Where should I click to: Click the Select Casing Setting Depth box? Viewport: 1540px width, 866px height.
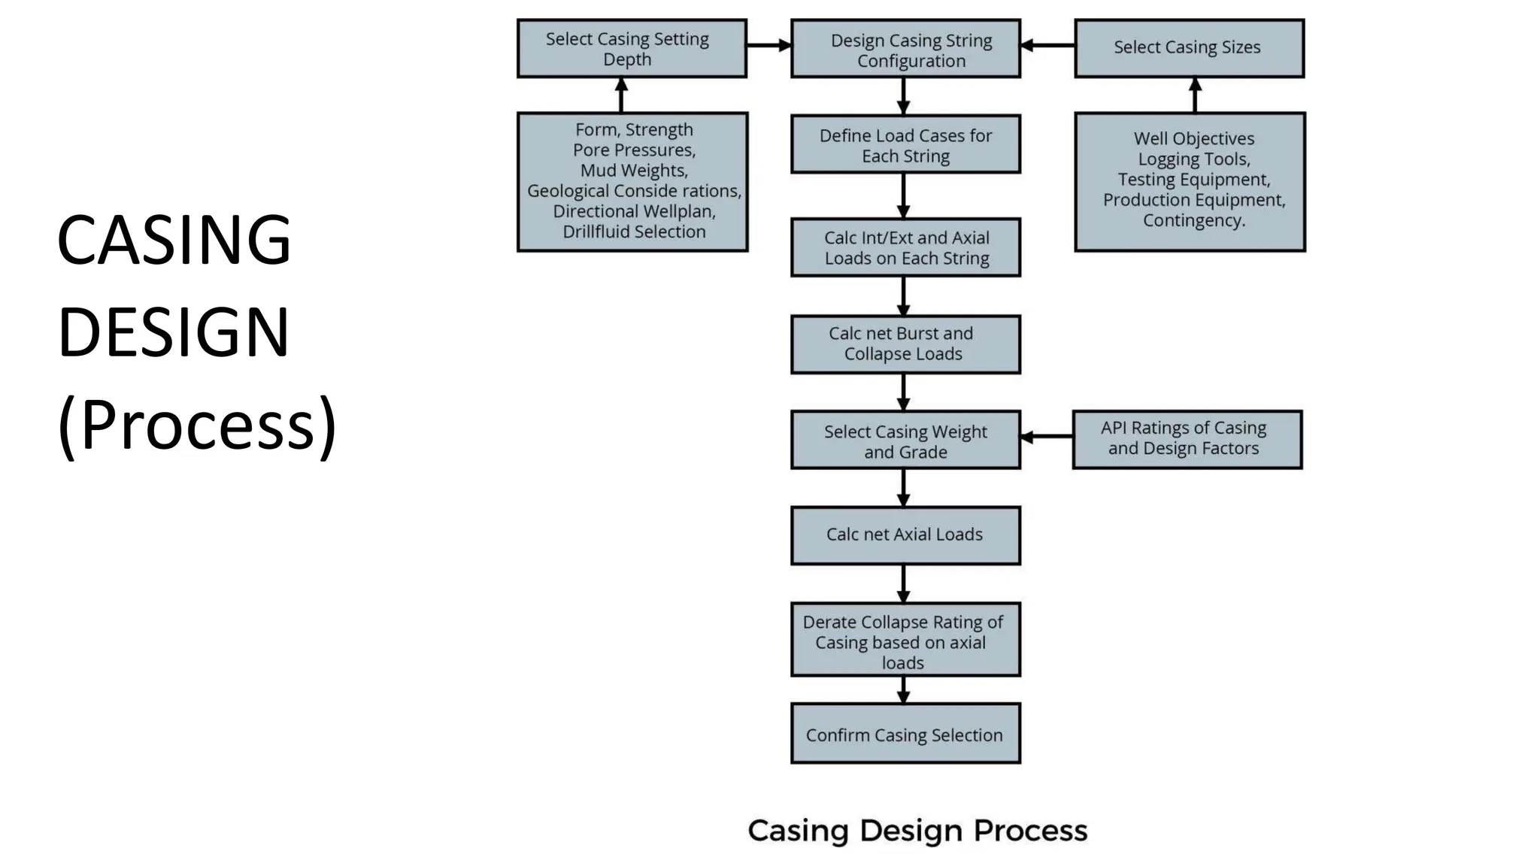click(x=631, y=49)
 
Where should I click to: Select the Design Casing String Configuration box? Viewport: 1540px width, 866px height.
click(x=905, y=50)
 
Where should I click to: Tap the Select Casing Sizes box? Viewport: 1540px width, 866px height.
click(x=1189, y=48)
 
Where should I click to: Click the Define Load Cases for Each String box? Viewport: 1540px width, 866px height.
click(x=905, y=145)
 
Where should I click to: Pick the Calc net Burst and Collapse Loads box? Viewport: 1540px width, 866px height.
click(x=905, y=344)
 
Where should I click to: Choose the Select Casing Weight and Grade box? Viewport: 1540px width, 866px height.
click(x=905, y=441)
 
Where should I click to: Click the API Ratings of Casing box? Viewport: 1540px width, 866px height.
click(x=1187, y=439)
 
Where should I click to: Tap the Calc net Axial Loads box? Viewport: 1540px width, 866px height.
click(x=905, y=535)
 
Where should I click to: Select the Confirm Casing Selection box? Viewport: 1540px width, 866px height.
click(x=905, y=734)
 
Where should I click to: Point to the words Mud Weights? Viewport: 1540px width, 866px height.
click(x=634, y=171)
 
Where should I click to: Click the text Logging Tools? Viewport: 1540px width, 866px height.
click(x=1193, y=159)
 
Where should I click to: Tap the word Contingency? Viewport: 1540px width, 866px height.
click(x=1193, y=221)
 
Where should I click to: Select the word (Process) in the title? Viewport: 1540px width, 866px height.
click(x=197, y=425)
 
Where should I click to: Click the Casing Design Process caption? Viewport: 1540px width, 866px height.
click(x=917, y=831)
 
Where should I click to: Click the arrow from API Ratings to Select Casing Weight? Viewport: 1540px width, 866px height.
click(x=1046, y=437)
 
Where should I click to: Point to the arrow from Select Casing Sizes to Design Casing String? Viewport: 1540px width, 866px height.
click(x=1047, y=45)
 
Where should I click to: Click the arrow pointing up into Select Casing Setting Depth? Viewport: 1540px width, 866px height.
click(x=621, y=95)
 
